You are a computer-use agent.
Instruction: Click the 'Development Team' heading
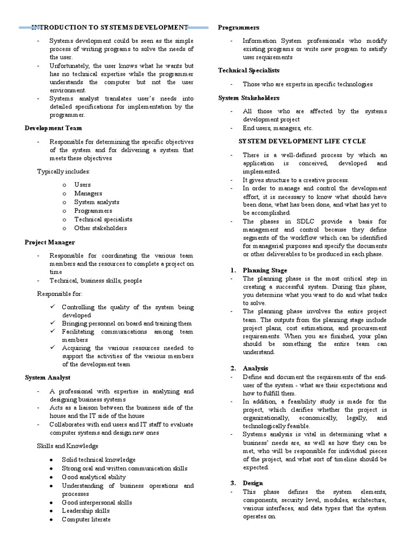53,128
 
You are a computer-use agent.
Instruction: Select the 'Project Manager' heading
50,242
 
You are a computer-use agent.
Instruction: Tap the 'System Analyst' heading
47,378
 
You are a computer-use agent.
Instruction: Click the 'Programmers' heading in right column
238,27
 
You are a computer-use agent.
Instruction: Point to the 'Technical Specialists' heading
248,70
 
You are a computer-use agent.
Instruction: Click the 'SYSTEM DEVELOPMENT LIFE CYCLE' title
302,141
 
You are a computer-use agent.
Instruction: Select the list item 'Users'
83,184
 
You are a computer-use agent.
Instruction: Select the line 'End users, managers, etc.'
277,128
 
